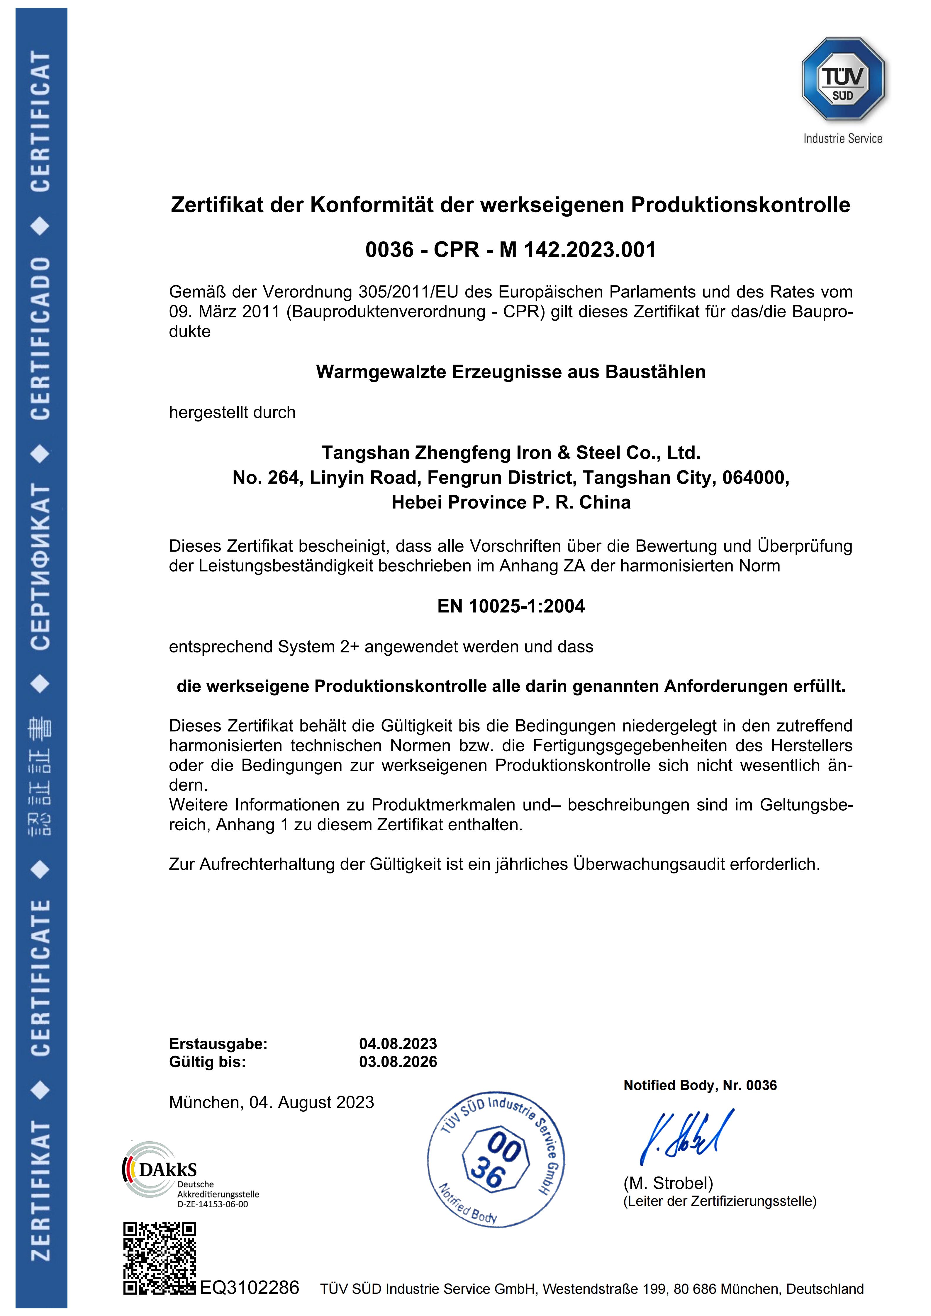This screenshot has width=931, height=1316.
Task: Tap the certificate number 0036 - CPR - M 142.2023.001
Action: tap(510, 250)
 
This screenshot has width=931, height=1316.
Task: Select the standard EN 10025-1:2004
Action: tap(511, 606)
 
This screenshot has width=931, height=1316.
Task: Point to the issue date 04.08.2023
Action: tap(398, 1044)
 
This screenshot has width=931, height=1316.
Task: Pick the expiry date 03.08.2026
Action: tap(398, 1062)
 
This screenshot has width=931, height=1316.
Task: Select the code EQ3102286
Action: tap(249, 1288)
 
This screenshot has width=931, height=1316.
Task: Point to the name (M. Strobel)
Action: tap(668, 1183)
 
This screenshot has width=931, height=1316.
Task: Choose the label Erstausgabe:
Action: tap(218, 1044)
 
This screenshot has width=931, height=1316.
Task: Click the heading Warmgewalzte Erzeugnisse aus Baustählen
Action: tap(510, 372)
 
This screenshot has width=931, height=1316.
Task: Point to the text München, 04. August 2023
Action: tap(271, 1102)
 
